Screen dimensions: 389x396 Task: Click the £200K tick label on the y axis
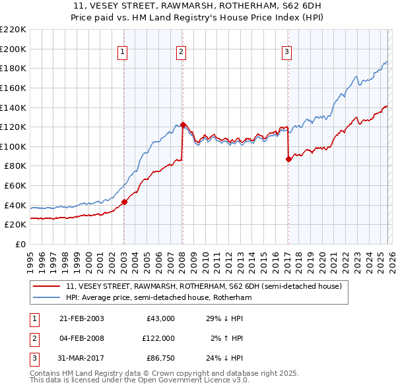pos(13,49)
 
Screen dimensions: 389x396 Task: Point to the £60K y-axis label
pos(15,186)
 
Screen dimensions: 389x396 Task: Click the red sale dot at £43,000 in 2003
pos(125,202)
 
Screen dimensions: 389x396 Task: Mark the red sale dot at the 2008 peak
pos(182,125)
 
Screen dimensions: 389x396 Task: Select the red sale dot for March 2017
pos(288,159)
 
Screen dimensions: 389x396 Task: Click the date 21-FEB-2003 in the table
pos(82,318)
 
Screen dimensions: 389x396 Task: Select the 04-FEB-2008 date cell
pos(82,338)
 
